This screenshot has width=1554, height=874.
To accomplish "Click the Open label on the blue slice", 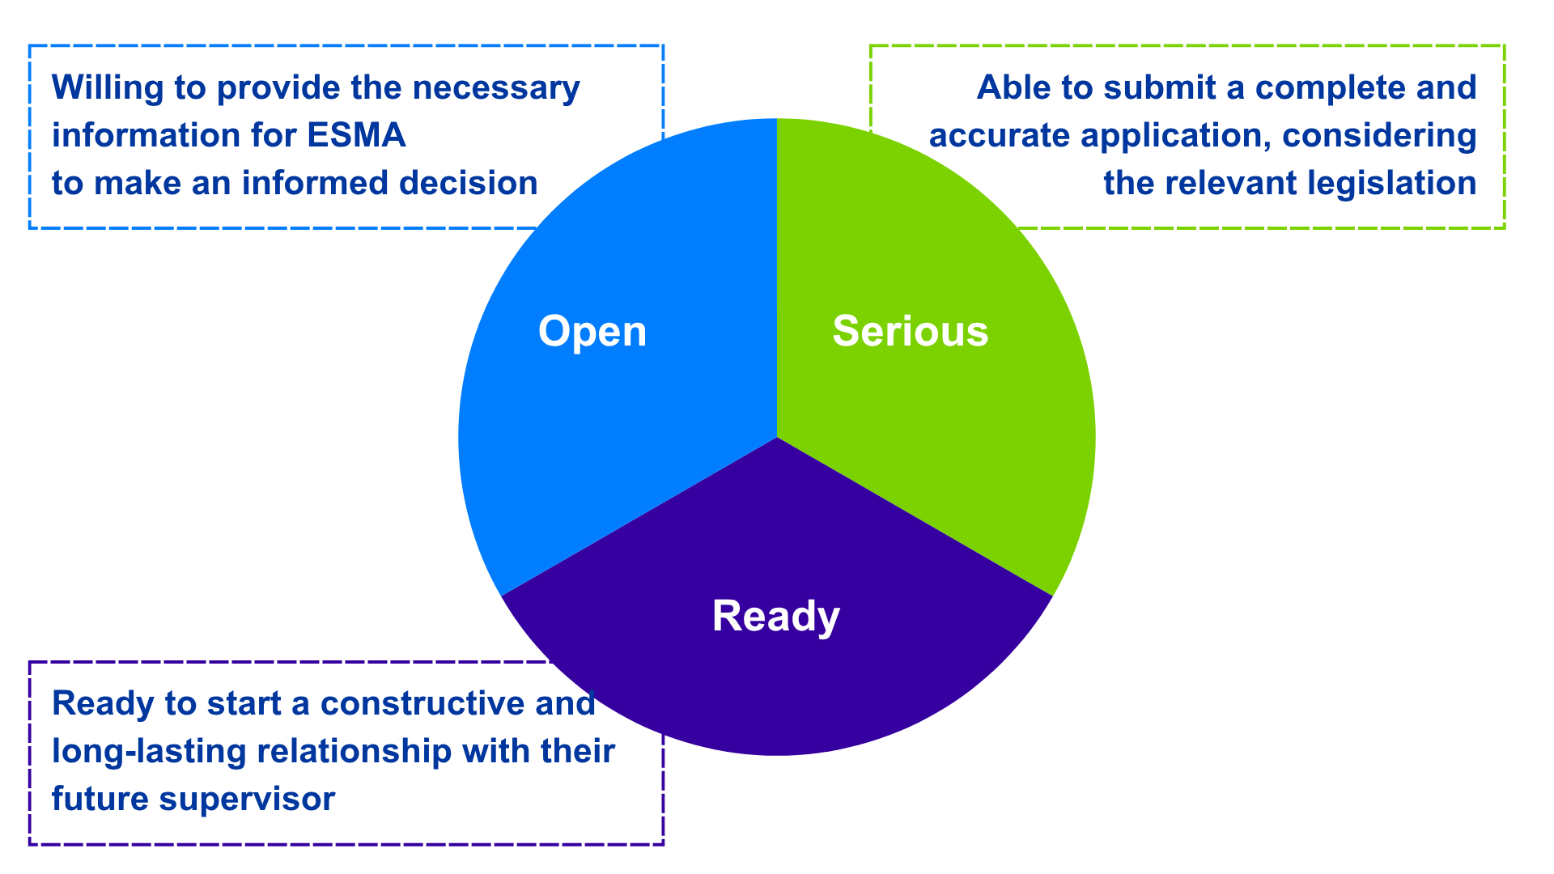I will pos(592,332).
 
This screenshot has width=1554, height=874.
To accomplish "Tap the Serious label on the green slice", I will pos(911,332).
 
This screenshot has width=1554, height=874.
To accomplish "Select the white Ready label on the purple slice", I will pos(776,617).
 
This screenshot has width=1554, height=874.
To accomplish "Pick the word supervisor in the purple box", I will pos(247,799).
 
